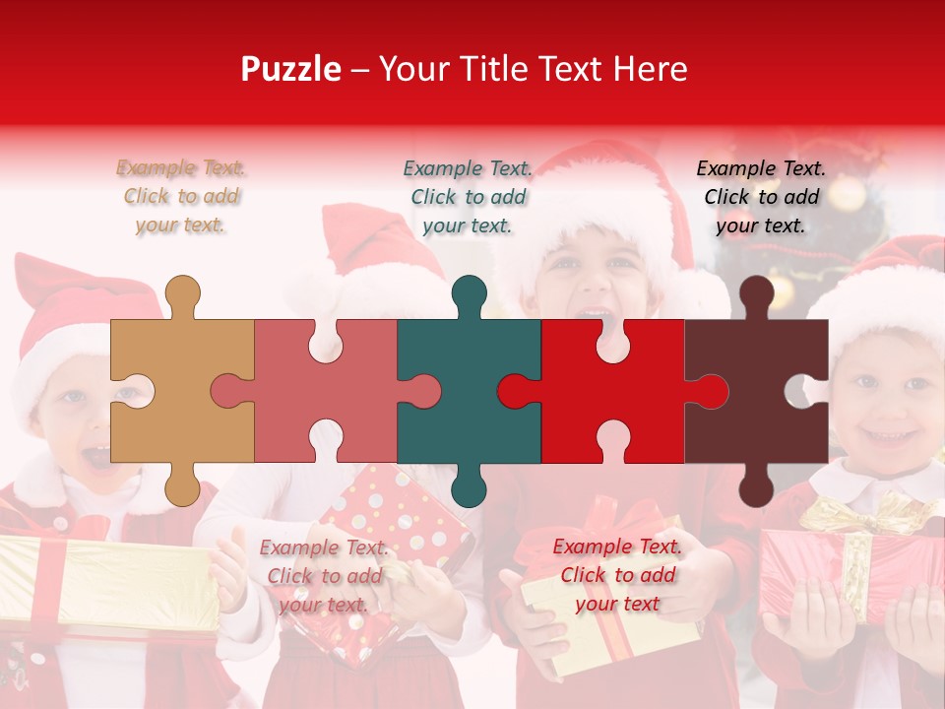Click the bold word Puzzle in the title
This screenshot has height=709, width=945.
pos(290,69)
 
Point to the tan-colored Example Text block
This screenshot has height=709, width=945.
pos(181,196)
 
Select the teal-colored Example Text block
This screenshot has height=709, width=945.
pos(469,196)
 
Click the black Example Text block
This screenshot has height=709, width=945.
pos(761,196)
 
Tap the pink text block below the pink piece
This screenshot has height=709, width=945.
pos(324,575)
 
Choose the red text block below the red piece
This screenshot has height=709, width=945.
pos(617,574)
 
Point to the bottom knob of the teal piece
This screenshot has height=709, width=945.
pos(470,486)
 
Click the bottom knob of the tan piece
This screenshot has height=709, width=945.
pos(182,486)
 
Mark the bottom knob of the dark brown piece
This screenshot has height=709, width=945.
pos(756,486)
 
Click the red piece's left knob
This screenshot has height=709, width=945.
pos(516,391)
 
